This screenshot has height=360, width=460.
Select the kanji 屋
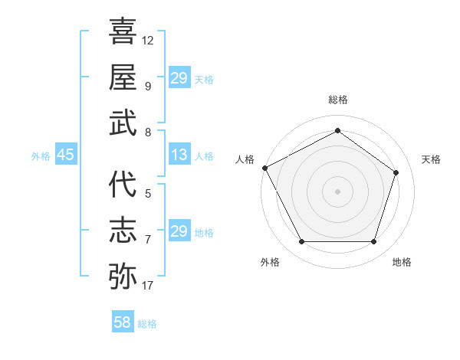tap(123, 77)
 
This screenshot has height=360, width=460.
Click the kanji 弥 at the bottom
tap(123, 275)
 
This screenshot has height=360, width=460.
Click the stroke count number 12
tap(148, 40)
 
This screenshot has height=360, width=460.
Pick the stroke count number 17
tap(148, 286)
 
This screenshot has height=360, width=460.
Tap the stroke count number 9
tap(147, 85)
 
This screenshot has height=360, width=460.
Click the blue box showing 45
tap(65, 155)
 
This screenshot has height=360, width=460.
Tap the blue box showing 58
tap(122, 323)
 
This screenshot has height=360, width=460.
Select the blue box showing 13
tap(179, 155)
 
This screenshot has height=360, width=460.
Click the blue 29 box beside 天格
tap(179, 78)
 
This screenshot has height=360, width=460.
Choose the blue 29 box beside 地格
tap(179, 231)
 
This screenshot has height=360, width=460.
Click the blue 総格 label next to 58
tap(147, 324)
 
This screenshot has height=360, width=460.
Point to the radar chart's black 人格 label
tap(245, 159)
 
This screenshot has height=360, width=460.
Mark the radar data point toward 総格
tap(337, 131)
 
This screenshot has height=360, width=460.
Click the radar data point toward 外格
tap(301, 242)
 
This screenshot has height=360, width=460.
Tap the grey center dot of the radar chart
tap(337, 191)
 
